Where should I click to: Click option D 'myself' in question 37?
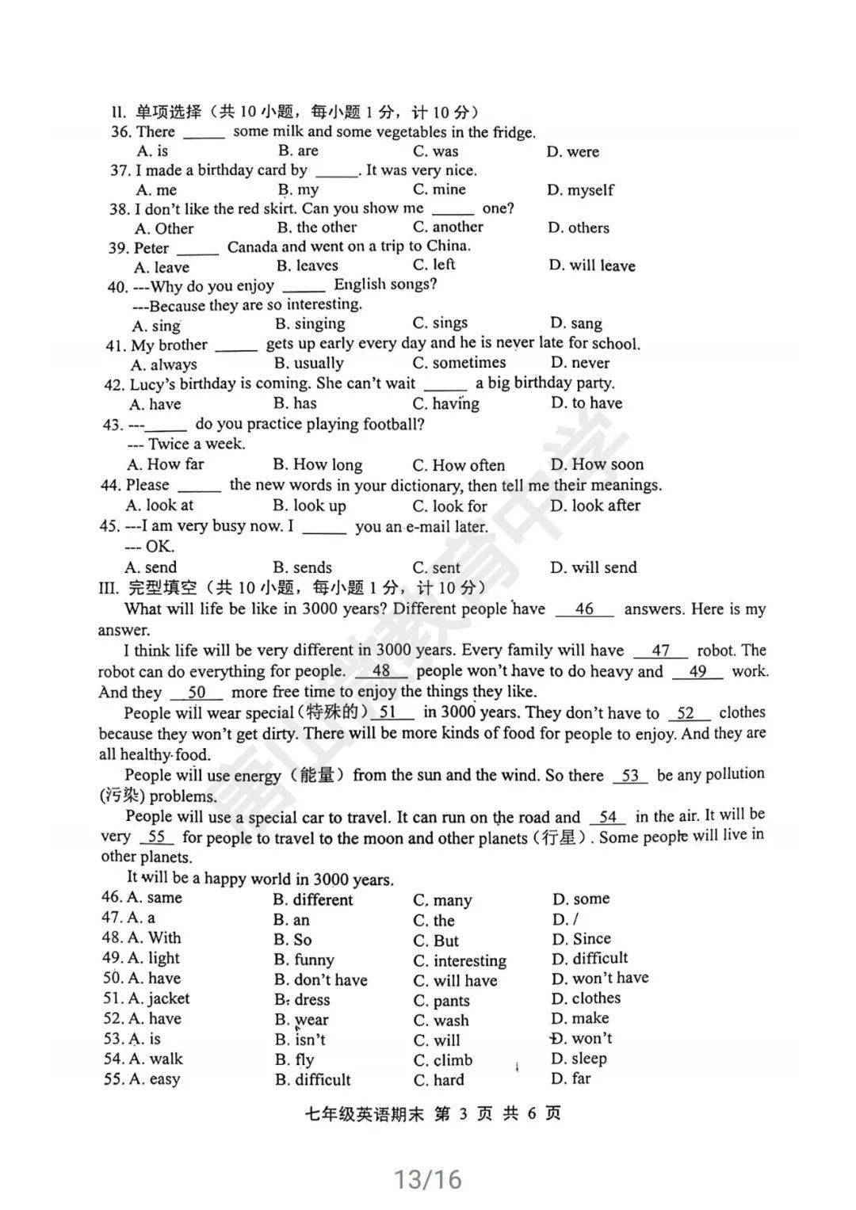point(580,190)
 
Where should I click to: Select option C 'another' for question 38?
point(448,227)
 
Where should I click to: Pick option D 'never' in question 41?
point(580,363)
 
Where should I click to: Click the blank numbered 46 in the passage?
point(584,609)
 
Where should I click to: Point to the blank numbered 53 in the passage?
point(631,776)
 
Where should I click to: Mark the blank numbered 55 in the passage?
point(156,837)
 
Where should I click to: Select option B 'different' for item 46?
point(313,899)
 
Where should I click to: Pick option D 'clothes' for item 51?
point(586,998)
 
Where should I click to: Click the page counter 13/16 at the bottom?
point(428,1180)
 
